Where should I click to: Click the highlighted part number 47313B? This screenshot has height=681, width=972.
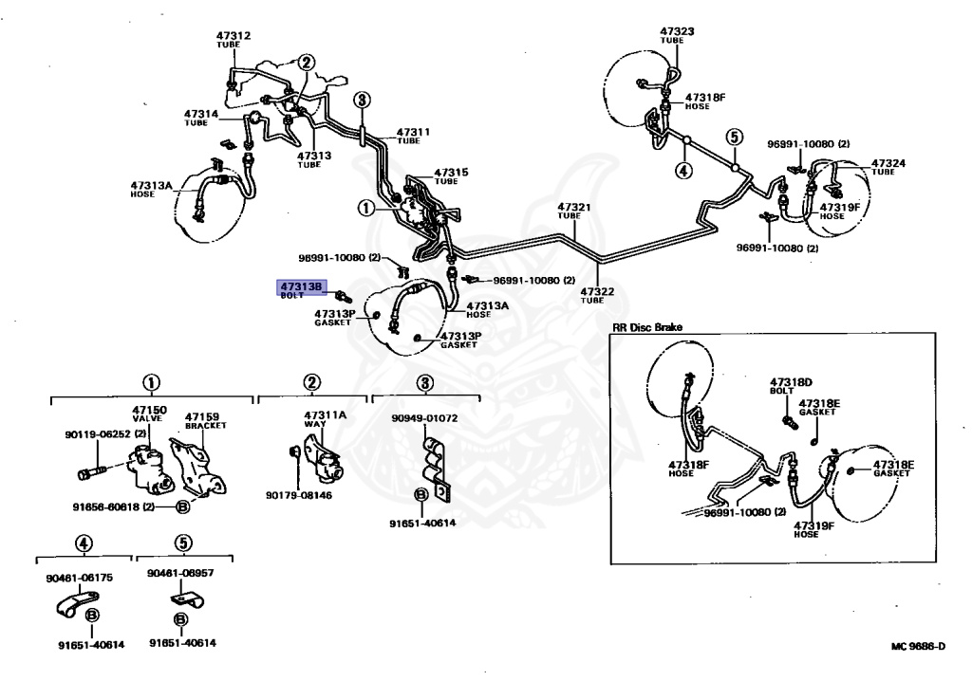(x=301, y=286)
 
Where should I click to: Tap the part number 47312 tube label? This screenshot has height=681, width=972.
(x=234, y=39)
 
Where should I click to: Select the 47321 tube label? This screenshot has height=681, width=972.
(x=573, y=211)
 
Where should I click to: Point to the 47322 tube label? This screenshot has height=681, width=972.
(x=597, y=295)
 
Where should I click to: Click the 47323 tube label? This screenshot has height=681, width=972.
(x=676, y=35)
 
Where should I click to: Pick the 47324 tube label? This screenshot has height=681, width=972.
(x=888, y=167)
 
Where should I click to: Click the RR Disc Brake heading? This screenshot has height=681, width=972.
(x=646, y=327)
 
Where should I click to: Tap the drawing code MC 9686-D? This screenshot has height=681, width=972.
(x=918, y=646)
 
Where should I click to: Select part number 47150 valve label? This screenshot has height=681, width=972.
(x=149, y=414)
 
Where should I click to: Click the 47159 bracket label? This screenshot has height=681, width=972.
(x=205, y=421)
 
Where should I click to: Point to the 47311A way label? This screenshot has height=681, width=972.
(x=325, y=419)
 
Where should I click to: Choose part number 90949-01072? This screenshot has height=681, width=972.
(x=424, y=418)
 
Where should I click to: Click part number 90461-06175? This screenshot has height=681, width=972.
(x=80, y=578)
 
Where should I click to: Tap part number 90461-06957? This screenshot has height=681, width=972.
(x=180, y=573)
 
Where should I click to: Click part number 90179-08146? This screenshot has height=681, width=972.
(x=299, y=495)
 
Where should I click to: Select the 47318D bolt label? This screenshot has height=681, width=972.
(x=791, y=386)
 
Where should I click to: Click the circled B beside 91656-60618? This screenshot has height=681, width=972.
(x=183, y=506)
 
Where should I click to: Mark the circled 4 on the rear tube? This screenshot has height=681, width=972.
(x=683, y=170)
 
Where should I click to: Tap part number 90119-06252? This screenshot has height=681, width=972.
(x=98, y=434)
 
